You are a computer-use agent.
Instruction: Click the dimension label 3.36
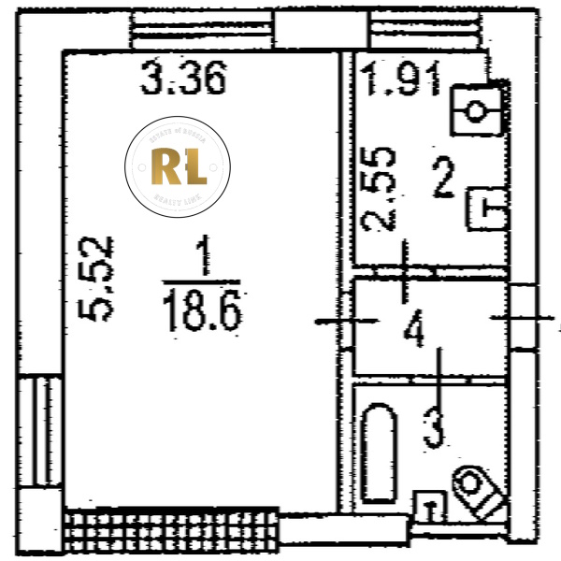coord(183,79)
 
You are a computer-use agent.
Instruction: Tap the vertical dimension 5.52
coord(97,278)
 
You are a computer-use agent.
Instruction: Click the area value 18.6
coord(202,310)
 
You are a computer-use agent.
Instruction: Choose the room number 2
coord(443,178)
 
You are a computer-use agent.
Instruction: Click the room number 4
coord(414,330)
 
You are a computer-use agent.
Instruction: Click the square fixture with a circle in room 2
coord(477,110)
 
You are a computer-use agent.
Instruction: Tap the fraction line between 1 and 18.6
coord(200,282)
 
